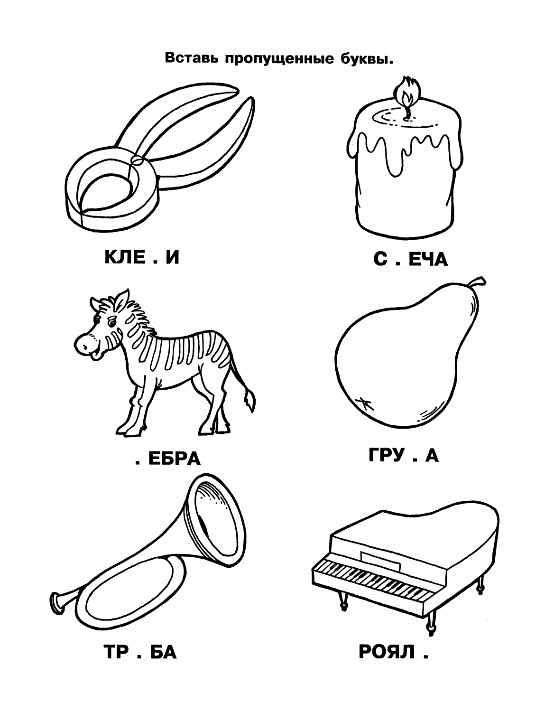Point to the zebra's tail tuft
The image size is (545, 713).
(249, 401)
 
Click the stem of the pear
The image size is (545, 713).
(478, 284)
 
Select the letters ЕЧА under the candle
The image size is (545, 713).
(428, 259)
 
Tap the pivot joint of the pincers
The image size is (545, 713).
(136, 160)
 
